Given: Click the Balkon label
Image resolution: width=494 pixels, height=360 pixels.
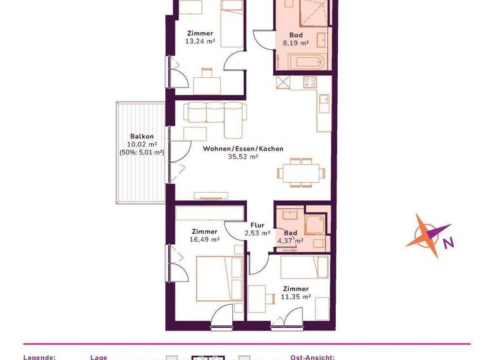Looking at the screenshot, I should point(142,136).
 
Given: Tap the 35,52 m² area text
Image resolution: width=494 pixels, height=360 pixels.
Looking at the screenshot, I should point(244,156).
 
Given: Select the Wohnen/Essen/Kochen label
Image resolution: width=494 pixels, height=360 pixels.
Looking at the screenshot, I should point(243,148).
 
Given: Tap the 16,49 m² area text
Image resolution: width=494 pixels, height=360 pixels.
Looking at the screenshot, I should point(205,239).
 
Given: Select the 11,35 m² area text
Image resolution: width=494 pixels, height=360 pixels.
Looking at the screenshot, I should point(297,297).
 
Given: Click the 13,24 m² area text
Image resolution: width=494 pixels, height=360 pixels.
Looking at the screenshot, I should point(200,41).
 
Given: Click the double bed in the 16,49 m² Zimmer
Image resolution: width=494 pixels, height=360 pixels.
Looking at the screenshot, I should point(219,277).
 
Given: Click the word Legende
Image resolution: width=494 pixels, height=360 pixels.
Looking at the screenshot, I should point(40,356).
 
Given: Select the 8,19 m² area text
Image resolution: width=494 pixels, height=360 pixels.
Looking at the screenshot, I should point(296,43).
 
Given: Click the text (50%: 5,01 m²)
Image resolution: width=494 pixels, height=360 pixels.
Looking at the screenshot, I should point(142,152).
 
